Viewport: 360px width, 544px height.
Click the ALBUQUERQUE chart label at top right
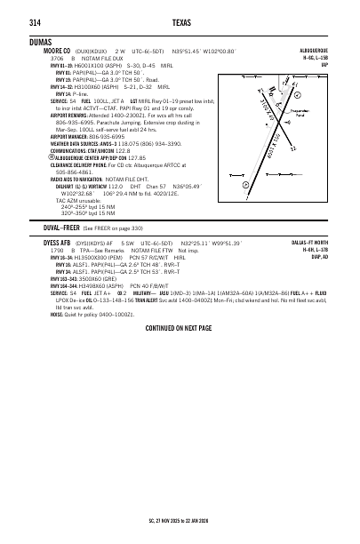pyautogui.click(x=324, y=52)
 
